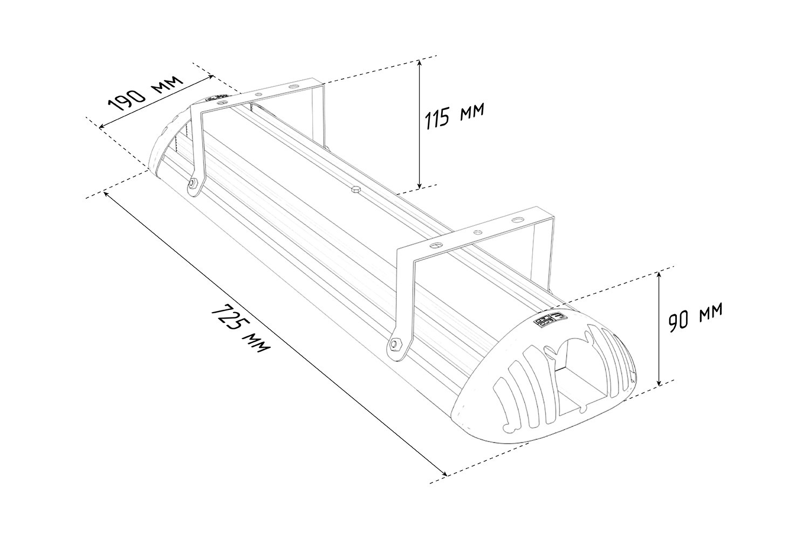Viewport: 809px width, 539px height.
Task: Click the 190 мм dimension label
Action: (146, 93)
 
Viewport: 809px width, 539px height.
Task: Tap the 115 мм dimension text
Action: (454, 115)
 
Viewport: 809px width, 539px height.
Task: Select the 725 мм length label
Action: (239, 328)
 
